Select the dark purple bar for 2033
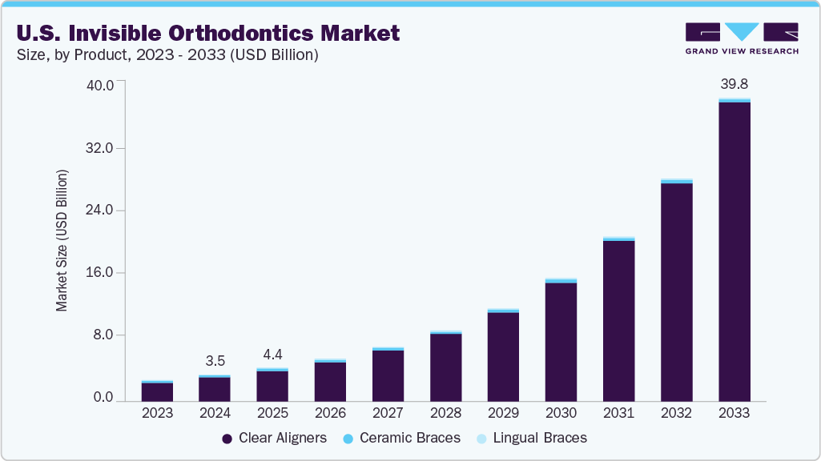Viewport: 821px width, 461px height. tap(734, 252)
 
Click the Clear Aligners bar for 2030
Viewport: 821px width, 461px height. tap(561, 342)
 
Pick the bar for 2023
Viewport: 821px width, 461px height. tap(157, 392)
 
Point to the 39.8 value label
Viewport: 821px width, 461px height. tap(734, 84)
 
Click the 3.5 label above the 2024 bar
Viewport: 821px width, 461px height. tap(215, 361)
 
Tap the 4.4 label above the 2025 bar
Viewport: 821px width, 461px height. tap(272, 355)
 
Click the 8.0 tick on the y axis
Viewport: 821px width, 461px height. tap(104, 335)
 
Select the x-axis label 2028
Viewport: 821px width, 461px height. tap(445, 414)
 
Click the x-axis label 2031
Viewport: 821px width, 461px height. tap(618, 414)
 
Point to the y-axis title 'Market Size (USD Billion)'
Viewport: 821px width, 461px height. tap(62, 240)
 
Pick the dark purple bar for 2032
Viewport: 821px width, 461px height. tap(676, 292)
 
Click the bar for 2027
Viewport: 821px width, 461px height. tap(388, 375)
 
